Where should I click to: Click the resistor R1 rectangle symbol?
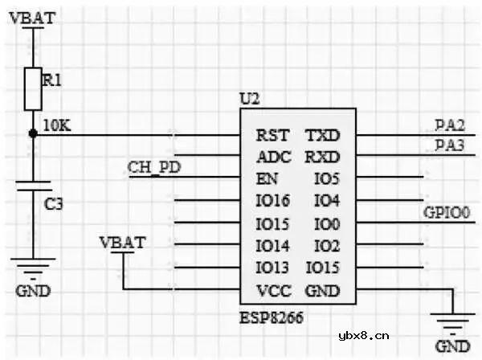[x=33, y=88]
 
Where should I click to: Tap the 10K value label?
[x=55, y=126]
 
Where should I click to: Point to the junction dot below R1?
[x=33, y=134]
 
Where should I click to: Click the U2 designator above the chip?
[x=250, y=100]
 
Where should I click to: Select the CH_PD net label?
[x=153, y=167]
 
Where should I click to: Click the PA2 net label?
[x=450, y=125]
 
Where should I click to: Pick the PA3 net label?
[x=450, y=145]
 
